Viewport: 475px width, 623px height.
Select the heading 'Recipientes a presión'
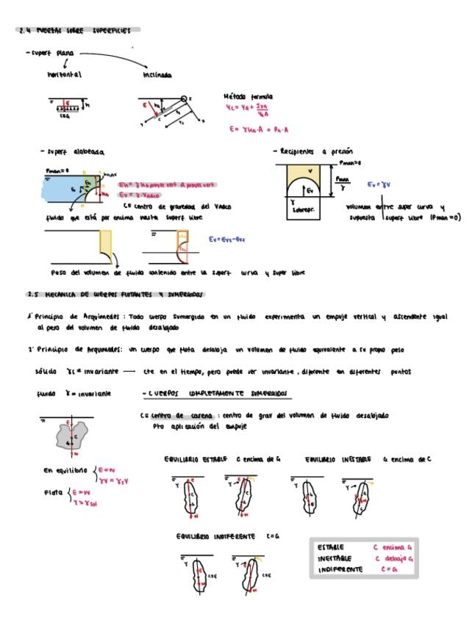307,152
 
